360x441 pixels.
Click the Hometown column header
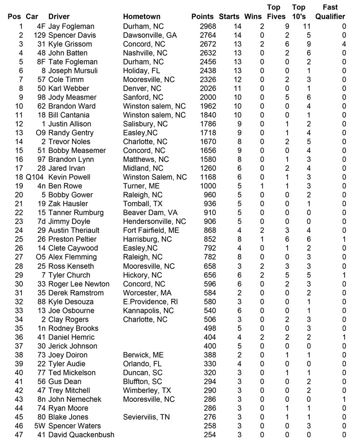(x=141, y=17)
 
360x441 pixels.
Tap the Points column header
(x=202, y=17)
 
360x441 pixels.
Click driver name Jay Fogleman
(x=71, y=26)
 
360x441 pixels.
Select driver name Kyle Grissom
(x=70, y=44)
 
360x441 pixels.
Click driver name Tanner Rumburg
(x=76, y=213)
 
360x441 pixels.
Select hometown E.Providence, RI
(x=148, y=302)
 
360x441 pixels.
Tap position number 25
(x=19, y=239)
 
